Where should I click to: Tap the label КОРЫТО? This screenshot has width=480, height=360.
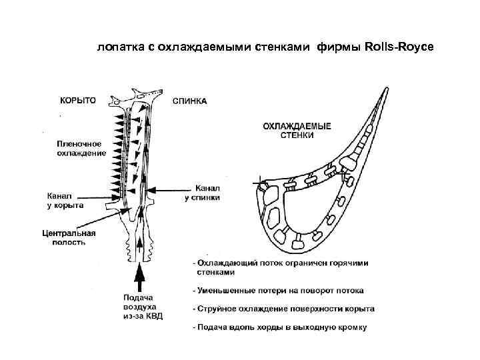click(78, 100)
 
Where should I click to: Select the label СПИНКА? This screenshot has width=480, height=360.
click(189, 101)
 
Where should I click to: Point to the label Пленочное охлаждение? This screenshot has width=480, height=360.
click(81, 148)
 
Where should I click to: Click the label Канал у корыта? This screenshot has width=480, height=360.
click(65, 201)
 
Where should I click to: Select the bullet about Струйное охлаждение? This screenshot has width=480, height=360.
click(283, 309)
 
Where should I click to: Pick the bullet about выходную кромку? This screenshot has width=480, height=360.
click(280, 327)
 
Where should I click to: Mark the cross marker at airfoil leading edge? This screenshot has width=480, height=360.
click(259, 181)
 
